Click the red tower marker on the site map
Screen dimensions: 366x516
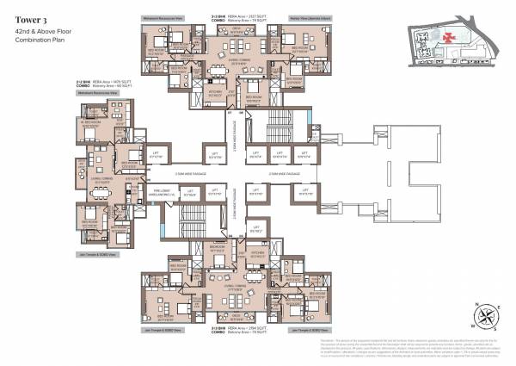click(x=449, y=38)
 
